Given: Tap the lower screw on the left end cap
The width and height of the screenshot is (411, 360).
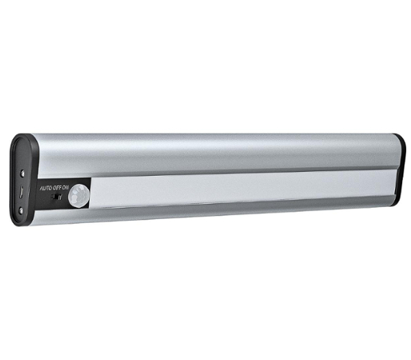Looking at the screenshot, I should pos(22,210).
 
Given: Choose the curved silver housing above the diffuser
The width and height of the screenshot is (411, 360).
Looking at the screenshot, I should pos(208,152).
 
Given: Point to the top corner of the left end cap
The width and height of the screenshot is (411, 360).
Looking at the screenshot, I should pos(21,136).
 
